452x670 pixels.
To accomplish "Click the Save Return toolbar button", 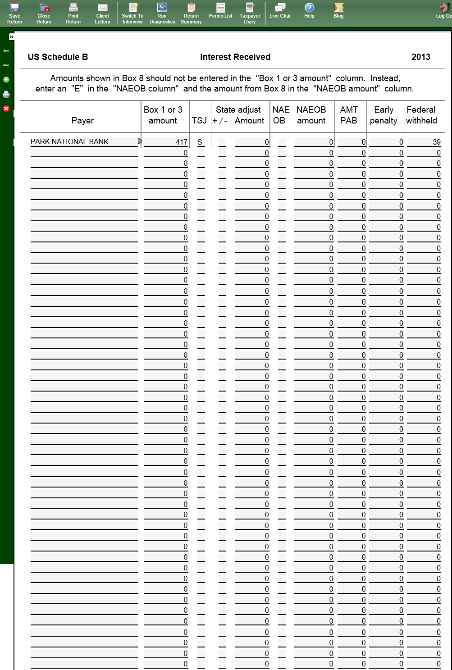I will (x=14, y=13).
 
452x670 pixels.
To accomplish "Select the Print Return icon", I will (x=73, y=13).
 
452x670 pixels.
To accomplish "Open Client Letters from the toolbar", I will (x=102, y=13).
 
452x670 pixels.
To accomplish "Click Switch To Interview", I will (x=132, y=13).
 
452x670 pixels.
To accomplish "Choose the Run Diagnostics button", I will (x=162, y=13).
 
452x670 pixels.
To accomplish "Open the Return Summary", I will (x=191, y=13).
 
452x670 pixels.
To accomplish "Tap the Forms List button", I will (x=220, y=11).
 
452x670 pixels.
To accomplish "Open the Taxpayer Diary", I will (x=250, y=13).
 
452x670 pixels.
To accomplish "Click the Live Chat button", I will (x=280, y=11).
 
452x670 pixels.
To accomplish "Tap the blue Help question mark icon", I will (x=309, y=8).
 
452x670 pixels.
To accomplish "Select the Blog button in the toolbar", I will (x=338, y=11).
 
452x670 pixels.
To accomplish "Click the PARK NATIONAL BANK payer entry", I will (x=70, y=141).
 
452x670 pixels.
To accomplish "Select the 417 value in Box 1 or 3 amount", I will (x=181, y=142).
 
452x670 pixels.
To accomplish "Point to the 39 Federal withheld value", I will (x=436, y=142).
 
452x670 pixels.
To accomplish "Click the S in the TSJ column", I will (x=200, y=142).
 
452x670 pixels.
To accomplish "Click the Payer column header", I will (x=82, y=120).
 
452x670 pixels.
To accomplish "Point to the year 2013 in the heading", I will (x=420, y=57).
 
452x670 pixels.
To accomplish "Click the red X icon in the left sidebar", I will (x=6, y=109).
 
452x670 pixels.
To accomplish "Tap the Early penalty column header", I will (x=384, y=115).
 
